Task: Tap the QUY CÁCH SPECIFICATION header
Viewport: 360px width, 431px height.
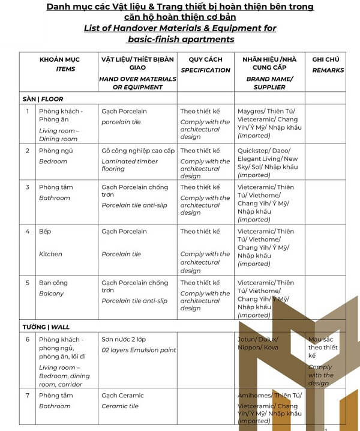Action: (205, 65)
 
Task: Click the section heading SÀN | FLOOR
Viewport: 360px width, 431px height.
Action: (43, 99)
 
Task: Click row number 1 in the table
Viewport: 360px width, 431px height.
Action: (28, 111)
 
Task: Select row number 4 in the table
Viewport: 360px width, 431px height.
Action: (28, 231)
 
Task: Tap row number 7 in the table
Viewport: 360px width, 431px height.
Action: (28, 396)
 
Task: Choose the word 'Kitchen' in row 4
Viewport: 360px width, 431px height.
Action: (50, 254)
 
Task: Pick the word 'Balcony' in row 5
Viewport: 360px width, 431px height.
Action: (51, 294)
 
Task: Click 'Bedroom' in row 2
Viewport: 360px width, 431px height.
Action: (53, 161)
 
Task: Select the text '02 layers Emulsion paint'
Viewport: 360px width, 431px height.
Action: (139, 350)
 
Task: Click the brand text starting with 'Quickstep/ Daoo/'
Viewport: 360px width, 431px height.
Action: (263, 151)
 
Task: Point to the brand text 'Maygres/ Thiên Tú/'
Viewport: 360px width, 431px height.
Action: (266, 111)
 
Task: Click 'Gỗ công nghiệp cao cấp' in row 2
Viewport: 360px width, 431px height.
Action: (138, 151)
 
